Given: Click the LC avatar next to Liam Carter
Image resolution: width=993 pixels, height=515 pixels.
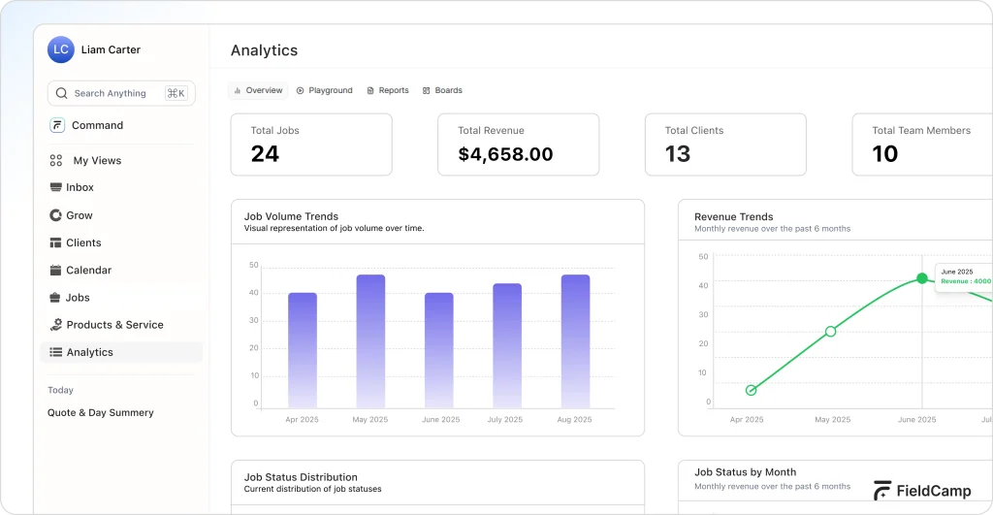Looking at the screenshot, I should [61, 49].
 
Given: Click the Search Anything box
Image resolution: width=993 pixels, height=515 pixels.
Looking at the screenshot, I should [120, 93].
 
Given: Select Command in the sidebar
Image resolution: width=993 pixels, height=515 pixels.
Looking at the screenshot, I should [96, 125].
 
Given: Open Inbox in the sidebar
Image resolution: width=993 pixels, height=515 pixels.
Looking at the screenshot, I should [80, 187].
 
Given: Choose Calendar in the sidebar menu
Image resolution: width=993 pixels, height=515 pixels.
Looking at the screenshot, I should [88, 270].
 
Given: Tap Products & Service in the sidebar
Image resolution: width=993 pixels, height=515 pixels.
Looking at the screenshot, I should [114, 325].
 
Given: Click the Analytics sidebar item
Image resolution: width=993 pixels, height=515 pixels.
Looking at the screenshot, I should [89, 352].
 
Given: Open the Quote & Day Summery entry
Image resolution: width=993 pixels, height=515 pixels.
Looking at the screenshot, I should [101, 412].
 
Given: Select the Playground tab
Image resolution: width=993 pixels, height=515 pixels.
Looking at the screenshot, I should [325, 90].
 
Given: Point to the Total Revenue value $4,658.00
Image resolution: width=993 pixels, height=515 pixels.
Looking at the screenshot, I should [505, 154].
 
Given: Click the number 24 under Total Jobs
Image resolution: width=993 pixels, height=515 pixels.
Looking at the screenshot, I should [265, 154].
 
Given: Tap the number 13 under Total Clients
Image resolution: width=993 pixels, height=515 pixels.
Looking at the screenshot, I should [678, 154].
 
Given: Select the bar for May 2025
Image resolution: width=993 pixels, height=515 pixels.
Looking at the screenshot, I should [370, 340].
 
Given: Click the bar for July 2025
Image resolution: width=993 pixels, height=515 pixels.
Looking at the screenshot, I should [507, 345].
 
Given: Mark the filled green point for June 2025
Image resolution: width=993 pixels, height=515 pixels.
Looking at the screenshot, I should [922, 278].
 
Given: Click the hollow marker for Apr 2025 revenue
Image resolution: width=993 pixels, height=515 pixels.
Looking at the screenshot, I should [751, 390].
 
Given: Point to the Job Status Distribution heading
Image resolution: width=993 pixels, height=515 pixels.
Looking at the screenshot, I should [301, 477].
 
